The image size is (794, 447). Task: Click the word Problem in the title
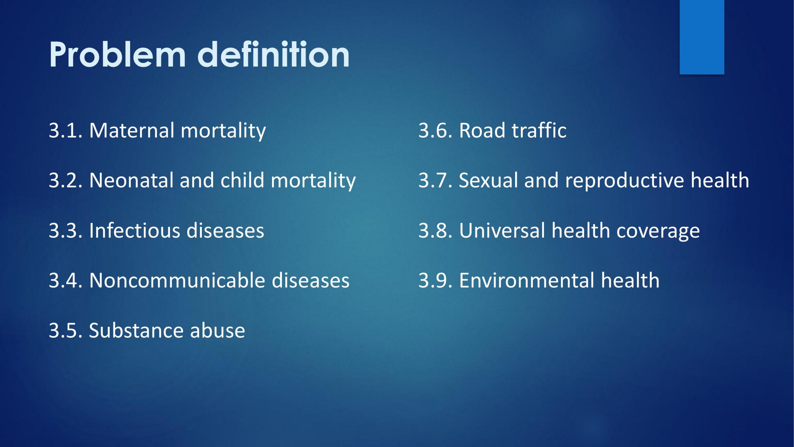118,55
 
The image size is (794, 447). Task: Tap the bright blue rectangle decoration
702,37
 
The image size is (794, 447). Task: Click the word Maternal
132,130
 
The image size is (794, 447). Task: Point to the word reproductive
624,181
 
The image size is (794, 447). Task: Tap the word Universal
502,230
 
